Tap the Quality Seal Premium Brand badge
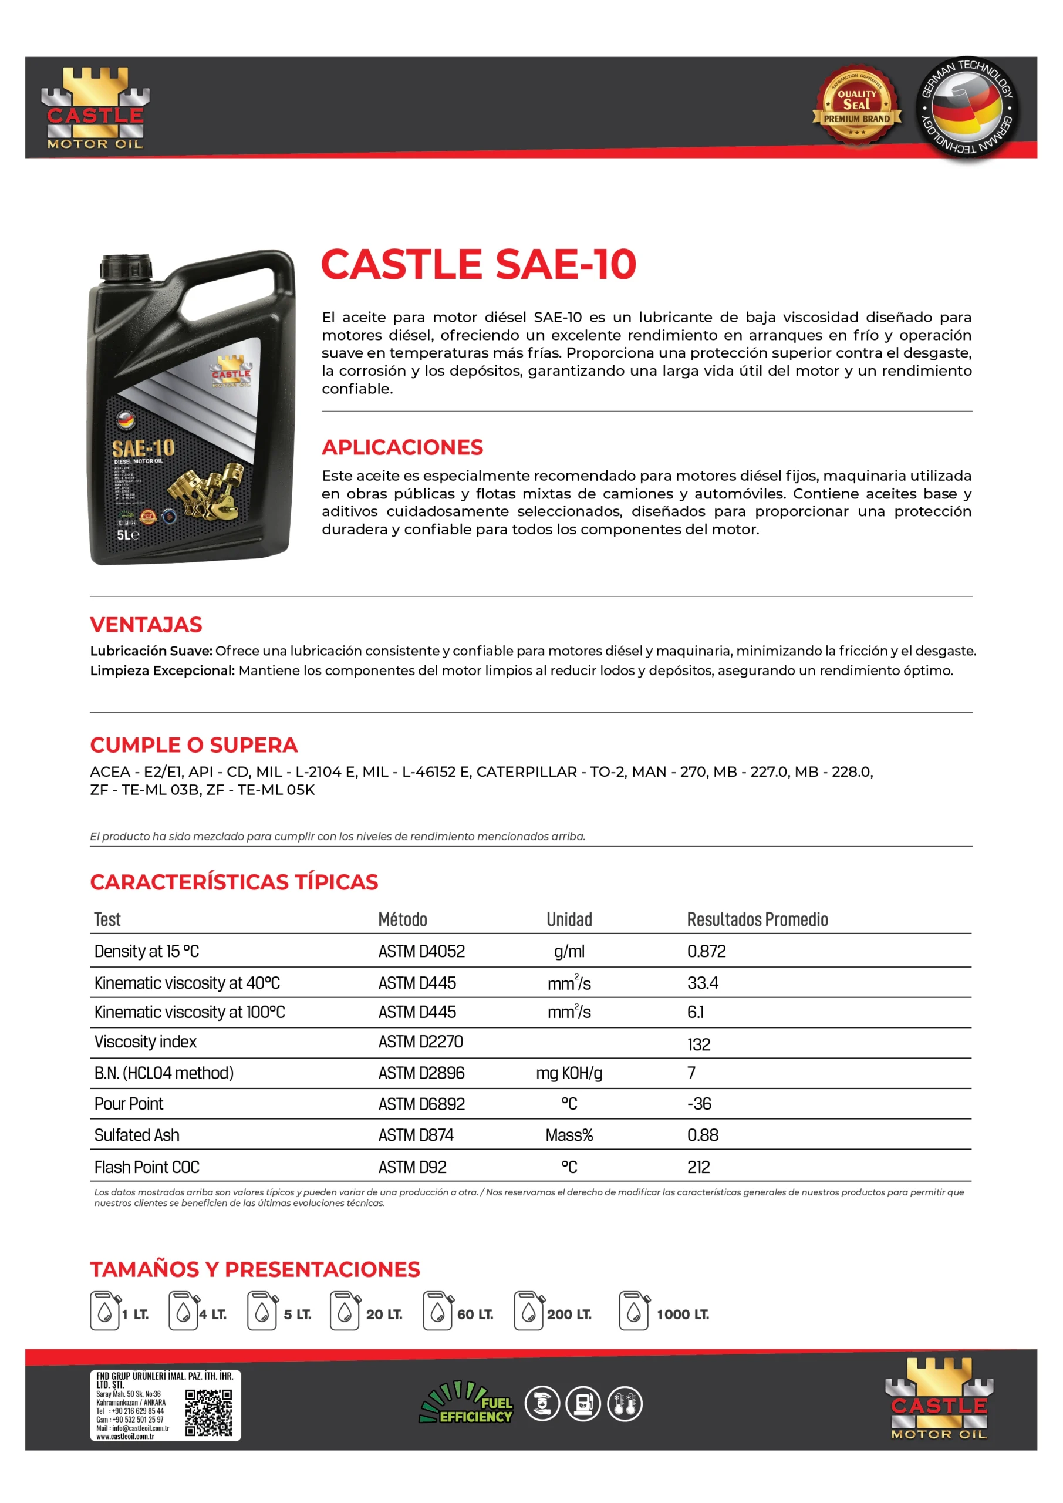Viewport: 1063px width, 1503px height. click(856, 106)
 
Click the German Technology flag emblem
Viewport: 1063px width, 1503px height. click(966, 106)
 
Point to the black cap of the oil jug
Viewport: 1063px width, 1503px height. click(126, 267)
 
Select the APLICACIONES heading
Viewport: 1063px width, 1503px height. click(402, 447)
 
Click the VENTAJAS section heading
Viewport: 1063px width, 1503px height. click(146, 625)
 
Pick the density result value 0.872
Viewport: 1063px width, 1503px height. click(706, 951)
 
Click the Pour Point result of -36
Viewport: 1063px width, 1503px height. click(699, 1104)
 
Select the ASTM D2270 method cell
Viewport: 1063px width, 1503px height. click(420, 1042)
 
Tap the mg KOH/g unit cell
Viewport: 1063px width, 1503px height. click(569, 1073)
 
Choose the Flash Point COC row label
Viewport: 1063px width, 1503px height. click(147, 1167)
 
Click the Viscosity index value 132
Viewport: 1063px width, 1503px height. click(698, 1044)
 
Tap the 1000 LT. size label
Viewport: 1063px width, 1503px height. click(683, 1315)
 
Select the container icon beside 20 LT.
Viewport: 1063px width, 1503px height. click(345, 1311)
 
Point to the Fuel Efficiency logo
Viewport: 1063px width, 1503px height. click(466, 1403)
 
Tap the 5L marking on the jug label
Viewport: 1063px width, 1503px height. click(127, 535)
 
